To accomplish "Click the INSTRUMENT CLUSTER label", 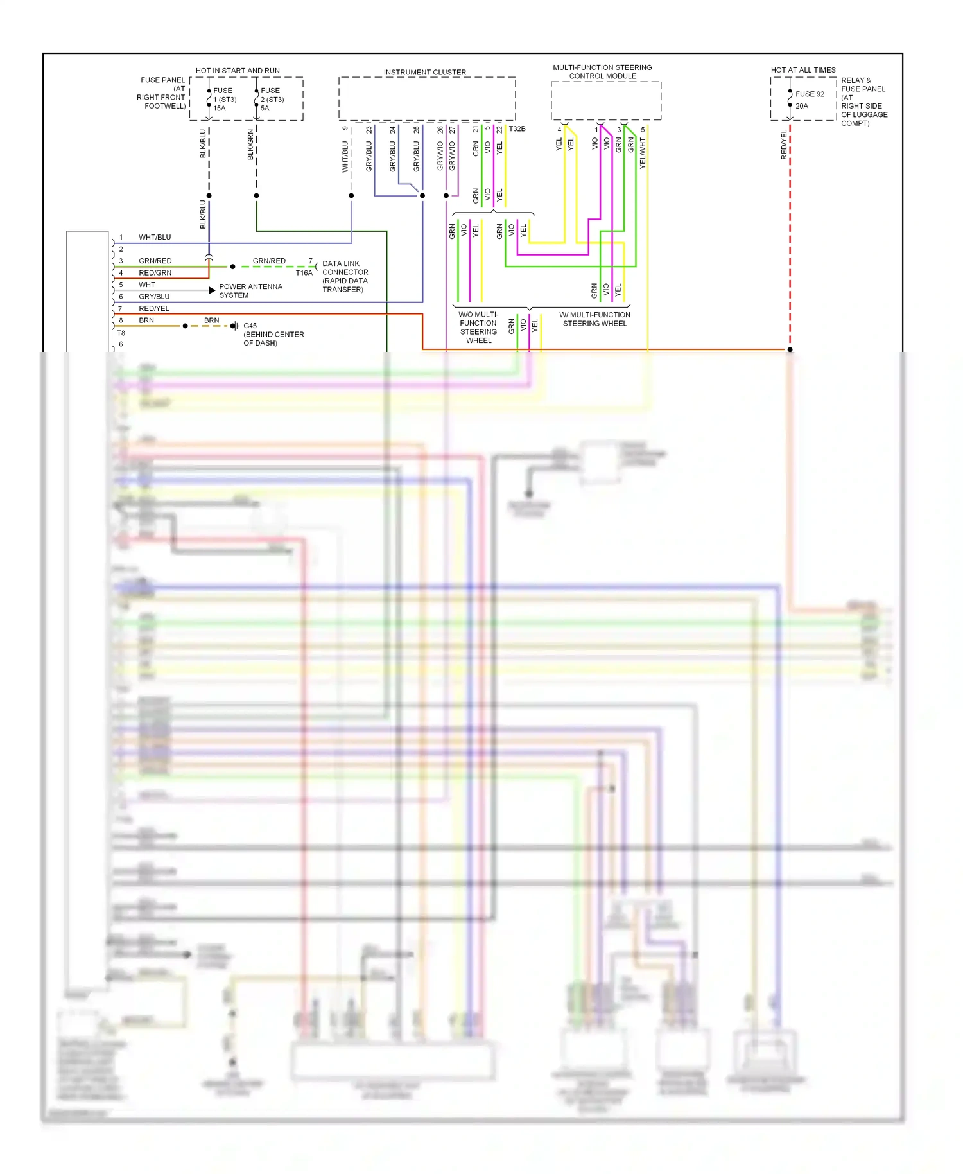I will pyautogui.click(x=425, y=73).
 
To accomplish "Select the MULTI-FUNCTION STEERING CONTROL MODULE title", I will pyautogui.click(x=602, y=72).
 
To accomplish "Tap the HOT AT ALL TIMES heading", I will pyautogui.click(x=803, y=70).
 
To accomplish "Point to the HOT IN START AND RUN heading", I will pyautogui.click(x=238, y=71).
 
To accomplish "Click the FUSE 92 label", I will pyautogui.click(x=810, y=94).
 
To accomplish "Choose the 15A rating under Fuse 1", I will pyautogui.click(x=220, y=109).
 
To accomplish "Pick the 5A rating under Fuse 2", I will pyautogui.click(x=265, y=109).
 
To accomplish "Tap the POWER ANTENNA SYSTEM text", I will pyautogui.click(x=250, y=291).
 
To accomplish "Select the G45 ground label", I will pyautogui.click(x=250, y=326).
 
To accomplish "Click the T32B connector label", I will pyautogui.click(x=517, y=129).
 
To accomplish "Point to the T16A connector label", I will pyautogui.click(x=304, y=273).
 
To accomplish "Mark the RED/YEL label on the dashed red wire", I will pyautogui.click(x=784, y=145).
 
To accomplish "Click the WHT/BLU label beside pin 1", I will pyautogui.click(x=155, y=238).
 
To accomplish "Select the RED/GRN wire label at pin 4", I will pyautogui.click(x=155, y=273).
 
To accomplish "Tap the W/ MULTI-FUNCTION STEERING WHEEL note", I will pyautogui.click(x=594, y=319).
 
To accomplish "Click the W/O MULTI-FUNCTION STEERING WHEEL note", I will pyautogui.click(x=478, y=328).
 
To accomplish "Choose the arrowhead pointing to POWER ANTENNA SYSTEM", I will pyautogui.click(x=212, y=290).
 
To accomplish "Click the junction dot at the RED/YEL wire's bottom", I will pyautogui.click(x=790, y=349).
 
